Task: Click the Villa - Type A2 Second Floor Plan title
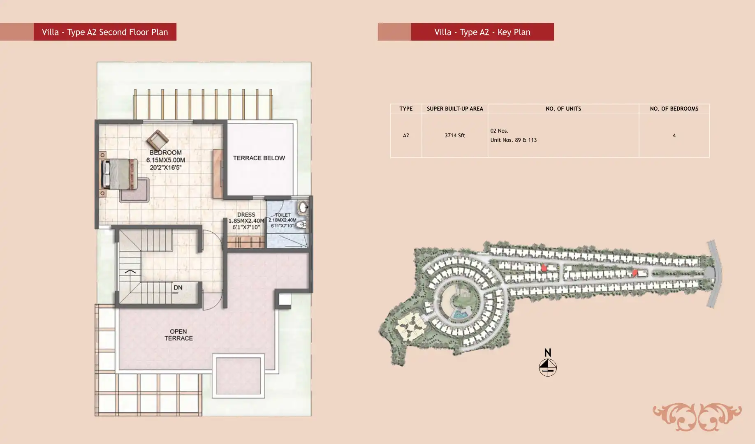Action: point(105,32)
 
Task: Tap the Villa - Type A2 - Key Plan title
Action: point(482,32)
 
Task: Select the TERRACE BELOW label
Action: point(259,158)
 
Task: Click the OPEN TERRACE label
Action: point(178,335)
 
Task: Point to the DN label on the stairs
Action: point(178,287)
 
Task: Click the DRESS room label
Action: point(246,215)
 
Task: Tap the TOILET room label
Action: point(283,215)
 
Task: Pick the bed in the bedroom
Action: point(119,174)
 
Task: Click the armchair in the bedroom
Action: point(157,140)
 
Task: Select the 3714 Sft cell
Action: point(455,135)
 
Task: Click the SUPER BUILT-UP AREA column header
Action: point(455,109)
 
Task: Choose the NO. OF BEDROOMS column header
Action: point(674,109)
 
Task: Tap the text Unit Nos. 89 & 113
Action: point(514,140)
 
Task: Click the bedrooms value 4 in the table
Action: point(674,135)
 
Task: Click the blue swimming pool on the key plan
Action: point(459,314)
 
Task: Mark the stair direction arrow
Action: point(130,271)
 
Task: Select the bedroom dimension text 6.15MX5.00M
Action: point(166,160)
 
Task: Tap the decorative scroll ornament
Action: point(697,417)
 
